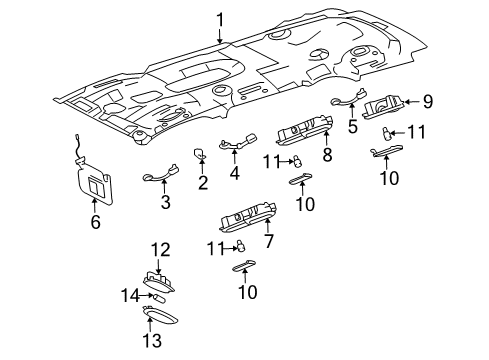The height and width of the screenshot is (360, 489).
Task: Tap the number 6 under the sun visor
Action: coord(96,223)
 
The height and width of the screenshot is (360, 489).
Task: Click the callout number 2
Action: coord(203,182)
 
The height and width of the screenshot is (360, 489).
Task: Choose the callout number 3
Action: coord(166,203)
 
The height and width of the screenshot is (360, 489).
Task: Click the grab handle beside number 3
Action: coord(158,179)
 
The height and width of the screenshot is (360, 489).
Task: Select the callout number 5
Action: coord(352,127)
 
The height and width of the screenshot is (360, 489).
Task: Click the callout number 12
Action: coord(161,249)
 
